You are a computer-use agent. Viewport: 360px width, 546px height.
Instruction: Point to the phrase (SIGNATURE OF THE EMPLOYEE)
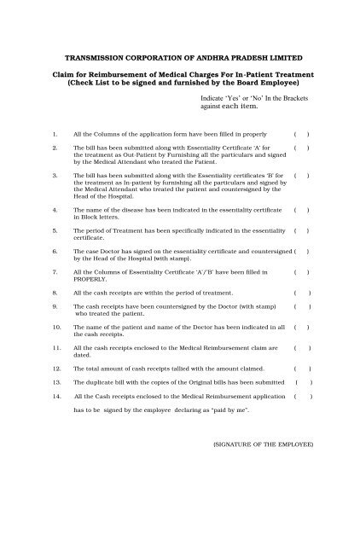click(x=264, y=444)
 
